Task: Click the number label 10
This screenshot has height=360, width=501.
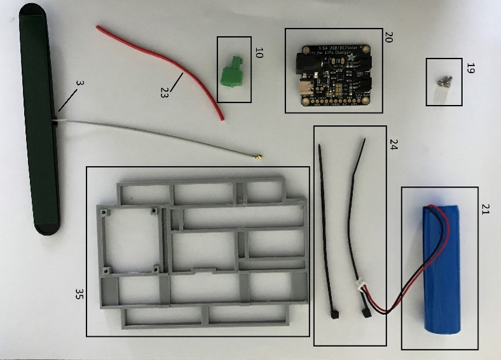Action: (x=259, y=53)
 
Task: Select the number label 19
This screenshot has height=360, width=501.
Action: (x=470, y=68)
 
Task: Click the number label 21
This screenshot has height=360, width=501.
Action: (x=485, y=209)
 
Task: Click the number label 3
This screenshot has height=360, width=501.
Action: (x=79, y=83)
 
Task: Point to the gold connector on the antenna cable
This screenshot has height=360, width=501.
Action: (x=259, y=156)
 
